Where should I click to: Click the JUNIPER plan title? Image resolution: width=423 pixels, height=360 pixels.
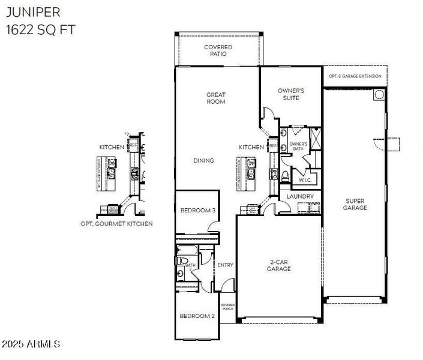click(31, 13)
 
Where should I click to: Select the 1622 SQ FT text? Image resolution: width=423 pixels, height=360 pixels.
click(41, 29)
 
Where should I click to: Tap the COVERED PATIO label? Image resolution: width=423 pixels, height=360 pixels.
click(218, 50)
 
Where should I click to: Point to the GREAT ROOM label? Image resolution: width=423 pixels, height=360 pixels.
click(216, 98)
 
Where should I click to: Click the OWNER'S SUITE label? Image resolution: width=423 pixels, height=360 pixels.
click(291, 94)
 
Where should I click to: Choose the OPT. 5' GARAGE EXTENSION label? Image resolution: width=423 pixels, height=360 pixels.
click(355, 76)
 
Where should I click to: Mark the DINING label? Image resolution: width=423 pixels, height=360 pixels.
click(203, 161)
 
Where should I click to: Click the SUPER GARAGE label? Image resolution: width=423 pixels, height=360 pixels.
click(356, 205)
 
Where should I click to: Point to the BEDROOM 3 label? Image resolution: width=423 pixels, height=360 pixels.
click(197, 210)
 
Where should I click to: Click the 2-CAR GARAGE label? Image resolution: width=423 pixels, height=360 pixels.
click(279, 265)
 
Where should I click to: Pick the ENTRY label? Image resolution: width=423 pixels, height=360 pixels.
click(225, 265)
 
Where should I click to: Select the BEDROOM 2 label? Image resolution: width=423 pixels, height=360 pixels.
click(197, 316)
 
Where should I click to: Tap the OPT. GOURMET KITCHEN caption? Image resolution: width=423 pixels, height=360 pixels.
click(116, 224)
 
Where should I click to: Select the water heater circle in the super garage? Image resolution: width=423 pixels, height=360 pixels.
click(378, 95)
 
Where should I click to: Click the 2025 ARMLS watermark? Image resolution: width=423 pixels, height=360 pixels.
click(31, 344)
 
